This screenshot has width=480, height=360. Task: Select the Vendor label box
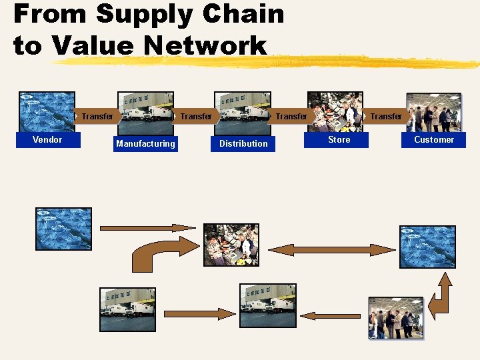47,139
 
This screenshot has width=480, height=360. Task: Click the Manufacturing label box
145,143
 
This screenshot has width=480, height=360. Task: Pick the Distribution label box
243,143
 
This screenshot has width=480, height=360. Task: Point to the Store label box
339,139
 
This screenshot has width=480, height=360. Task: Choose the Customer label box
433,139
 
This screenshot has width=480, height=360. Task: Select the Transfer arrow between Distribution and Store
291,117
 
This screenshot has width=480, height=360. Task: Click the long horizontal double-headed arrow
331,250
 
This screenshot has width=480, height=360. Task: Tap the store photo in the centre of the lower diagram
231,245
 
